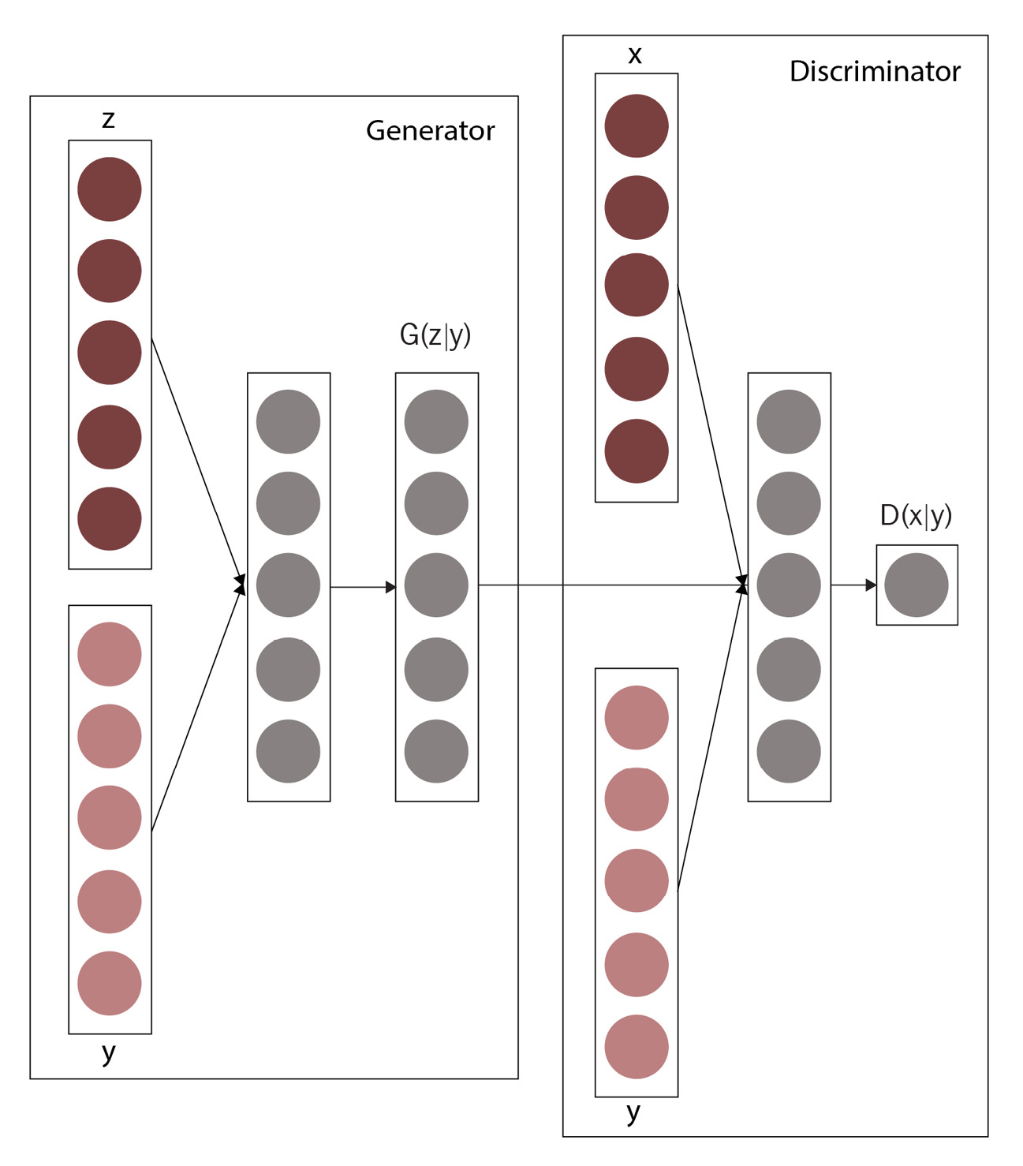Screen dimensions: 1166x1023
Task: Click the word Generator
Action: pos(430,131)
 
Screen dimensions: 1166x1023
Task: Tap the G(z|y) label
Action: pos(435,335)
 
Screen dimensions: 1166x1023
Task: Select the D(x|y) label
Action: pos(916,516)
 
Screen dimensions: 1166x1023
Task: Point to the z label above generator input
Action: pos(109,119)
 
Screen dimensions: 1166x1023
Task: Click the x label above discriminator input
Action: pos(635,55)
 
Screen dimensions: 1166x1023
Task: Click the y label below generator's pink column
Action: pos(109,1052)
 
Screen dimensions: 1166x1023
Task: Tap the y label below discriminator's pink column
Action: pos(633,1113)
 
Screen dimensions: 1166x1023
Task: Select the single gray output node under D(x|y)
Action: pos(916,585)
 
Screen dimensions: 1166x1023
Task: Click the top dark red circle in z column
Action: pos(110,189)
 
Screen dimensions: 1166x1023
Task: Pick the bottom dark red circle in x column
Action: pos(637,451)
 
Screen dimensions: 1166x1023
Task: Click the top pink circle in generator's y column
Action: pos(110,654)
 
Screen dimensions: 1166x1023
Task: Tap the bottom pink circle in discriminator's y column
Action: pos(637,1047)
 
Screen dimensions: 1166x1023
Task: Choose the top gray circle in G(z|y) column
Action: pos(436,421)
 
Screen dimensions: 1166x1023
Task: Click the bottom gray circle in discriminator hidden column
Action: pos(789,751)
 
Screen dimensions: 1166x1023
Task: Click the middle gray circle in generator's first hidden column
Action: pos(288,585)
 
